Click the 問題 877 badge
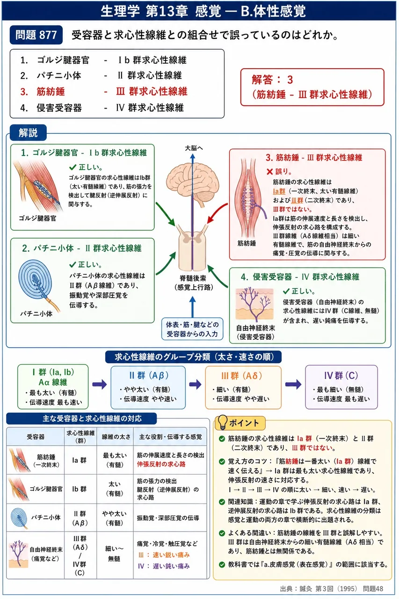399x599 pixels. pos(36,35)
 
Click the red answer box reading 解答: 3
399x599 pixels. pos(312,87)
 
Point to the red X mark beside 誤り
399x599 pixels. pos(269,172)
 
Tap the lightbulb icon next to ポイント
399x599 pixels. pos(222,422)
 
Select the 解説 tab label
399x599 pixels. pos(29,132)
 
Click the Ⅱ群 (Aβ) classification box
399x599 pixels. pos(148,387)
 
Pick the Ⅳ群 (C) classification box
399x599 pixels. pos(341,387)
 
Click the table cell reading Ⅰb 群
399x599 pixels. pos(80,489)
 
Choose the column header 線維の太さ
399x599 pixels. pos(116,437)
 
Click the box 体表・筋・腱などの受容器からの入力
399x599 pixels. pos(192,329)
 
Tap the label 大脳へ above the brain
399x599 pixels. pos(194,148)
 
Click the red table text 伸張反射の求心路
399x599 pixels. pos(161,464)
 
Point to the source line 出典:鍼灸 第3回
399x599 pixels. pos(331,589)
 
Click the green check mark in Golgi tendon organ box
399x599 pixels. pos(73,168)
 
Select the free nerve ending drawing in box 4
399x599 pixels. pos(254,304)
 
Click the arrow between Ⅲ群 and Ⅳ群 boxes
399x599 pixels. pos(293,384)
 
